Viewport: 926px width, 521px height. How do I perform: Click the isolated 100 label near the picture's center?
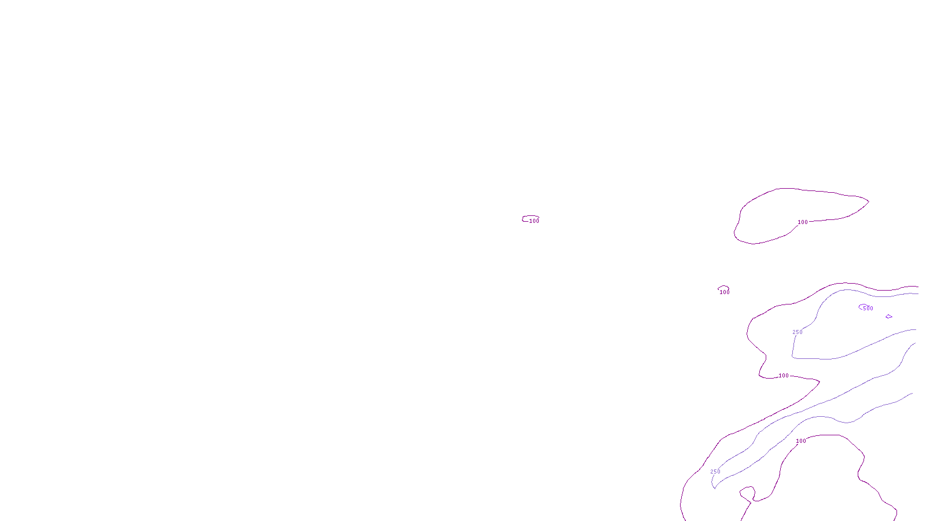pos(534,221)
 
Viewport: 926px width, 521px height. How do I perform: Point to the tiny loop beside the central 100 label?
pos(526,219)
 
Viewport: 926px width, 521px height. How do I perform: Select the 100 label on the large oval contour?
pos(803,222)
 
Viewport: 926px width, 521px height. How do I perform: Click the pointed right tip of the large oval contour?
pos(868,201)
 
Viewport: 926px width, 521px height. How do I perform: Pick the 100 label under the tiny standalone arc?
pos(724,292)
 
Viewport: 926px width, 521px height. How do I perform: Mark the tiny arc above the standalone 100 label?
pos(723,287)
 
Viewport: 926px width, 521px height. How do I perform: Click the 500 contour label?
pos(868,309)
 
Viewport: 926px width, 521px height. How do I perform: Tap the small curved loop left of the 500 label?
pos(861,306)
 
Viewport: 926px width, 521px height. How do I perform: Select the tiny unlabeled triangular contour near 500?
pos(888,317)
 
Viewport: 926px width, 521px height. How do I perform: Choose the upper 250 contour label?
pos(798,332)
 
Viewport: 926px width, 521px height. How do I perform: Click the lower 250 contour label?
pos(715,472)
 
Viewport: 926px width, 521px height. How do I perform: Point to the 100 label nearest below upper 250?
pos(784,376)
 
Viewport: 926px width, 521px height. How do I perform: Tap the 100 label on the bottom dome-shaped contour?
pos(801,441)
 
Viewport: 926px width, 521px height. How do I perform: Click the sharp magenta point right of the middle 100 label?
pos(819,381)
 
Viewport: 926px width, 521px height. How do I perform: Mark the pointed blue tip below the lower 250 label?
pos(715,488)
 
